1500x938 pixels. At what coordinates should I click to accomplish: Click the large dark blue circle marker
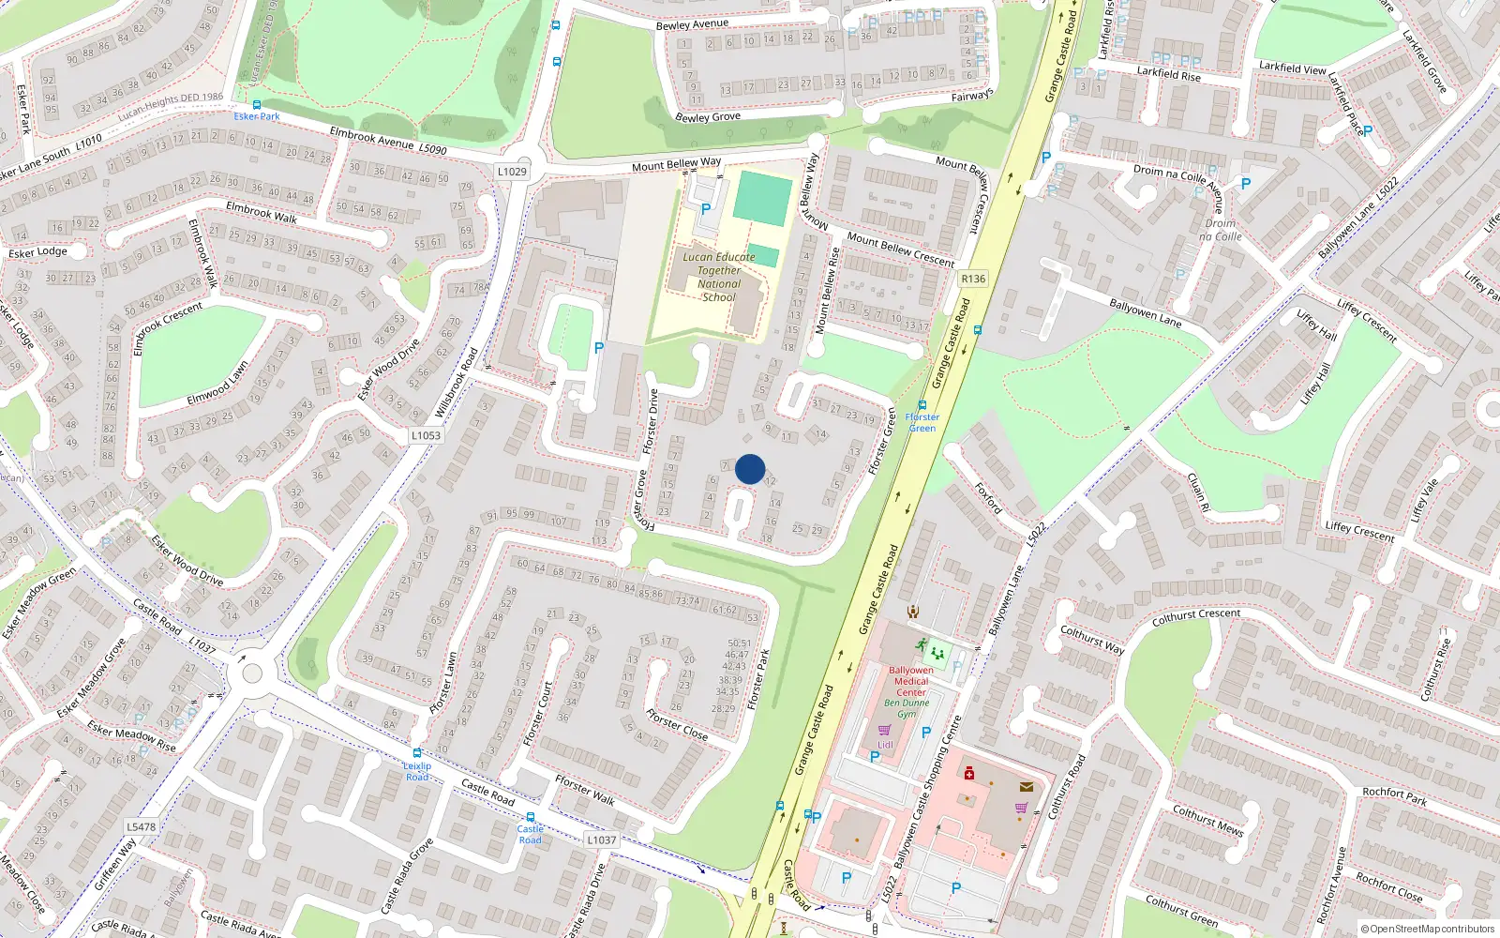click(x=750, y=469)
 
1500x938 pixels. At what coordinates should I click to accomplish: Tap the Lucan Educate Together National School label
click(x=719, y=277)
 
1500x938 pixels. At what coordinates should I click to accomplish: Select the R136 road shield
click(x=973, y=279)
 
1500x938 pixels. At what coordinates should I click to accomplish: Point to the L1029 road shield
click(x=512, y=172)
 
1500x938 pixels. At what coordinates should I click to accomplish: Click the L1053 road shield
click(x=426, y=435)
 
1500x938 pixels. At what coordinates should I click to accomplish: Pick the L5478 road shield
click(x=141, y=826)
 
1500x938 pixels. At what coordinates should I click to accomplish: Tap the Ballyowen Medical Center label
click(x=910, y=681)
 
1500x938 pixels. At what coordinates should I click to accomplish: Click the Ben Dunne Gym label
click(x=907, y=708)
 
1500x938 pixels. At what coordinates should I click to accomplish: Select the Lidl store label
click(x=885, y=745)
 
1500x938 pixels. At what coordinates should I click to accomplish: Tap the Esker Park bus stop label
click(x=257, y=116)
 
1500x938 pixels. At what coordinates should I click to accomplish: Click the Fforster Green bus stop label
click(x=922, y=422)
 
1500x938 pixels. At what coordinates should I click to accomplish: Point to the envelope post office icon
click(x=1026, y=787)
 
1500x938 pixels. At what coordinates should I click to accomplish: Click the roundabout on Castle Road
click(x=251, y=673)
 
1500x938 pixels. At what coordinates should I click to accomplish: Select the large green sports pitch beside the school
click(x=763, y=198)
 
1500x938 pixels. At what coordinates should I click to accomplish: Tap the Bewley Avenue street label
click(x=692, y=24)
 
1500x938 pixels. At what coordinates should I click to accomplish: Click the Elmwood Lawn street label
click(x=217, y=383)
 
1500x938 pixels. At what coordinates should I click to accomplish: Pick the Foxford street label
click(x=988, y=498)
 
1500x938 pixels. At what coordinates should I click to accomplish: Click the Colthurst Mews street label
click(x=1207, y=820)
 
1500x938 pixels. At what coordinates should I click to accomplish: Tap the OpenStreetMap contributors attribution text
click(x=1428, y=930)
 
